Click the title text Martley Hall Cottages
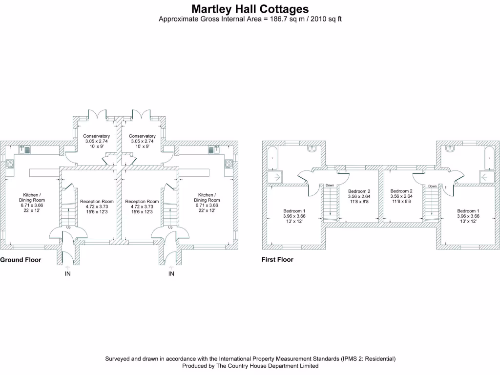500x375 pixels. (x=250, y=9)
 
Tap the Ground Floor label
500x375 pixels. (x=21, y=260)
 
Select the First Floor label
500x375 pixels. (x=277, y=260)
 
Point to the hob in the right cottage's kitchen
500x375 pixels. (x=229, y=165)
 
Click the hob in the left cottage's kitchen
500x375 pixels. (x=9, y=165)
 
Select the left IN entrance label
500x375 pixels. (x=67, y=274)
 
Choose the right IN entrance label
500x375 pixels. (x=171, y=274)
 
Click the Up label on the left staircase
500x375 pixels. (x=68, y=227)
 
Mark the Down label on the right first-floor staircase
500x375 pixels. (x=433, y=186)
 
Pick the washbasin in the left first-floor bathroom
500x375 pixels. (x=312, y=148)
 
